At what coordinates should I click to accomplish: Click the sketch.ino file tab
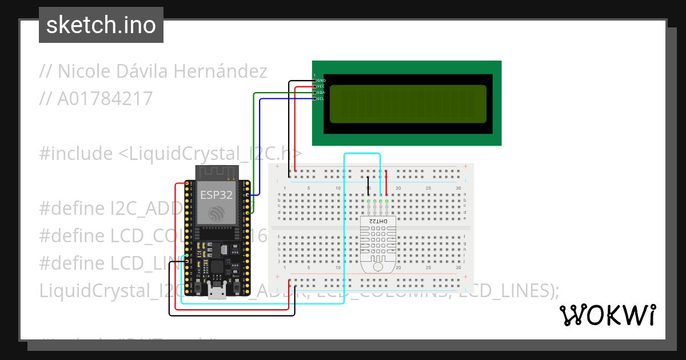click(101, 25)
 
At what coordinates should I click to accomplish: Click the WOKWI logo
click(607, 315)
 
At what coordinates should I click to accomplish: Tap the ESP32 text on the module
click(216, 194)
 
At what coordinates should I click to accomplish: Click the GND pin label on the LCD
click(321, 81)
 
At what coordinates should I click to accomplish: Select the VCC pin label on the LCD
click(321, 86)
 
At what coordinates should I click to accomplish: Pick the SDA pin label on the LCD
click(321, 93)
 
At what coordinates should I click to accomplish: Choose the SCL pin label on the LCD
click(321, 98)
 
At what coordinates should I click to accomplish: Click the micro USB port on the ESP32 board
click(216, 293)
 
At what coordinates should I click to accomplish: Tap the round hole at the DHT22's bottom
click(378, 266)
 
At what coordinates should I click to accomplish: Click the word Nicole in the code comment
click(83, 71)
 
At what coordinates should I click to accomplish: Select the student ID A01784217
click(105, 99)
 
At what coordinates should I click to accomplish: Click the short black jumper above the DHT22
click(368, 187)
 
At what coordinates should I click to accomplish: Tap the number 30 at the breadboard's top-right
click(458, 189)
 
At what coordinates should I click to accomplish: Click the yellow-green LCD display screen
click(408, 104)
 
